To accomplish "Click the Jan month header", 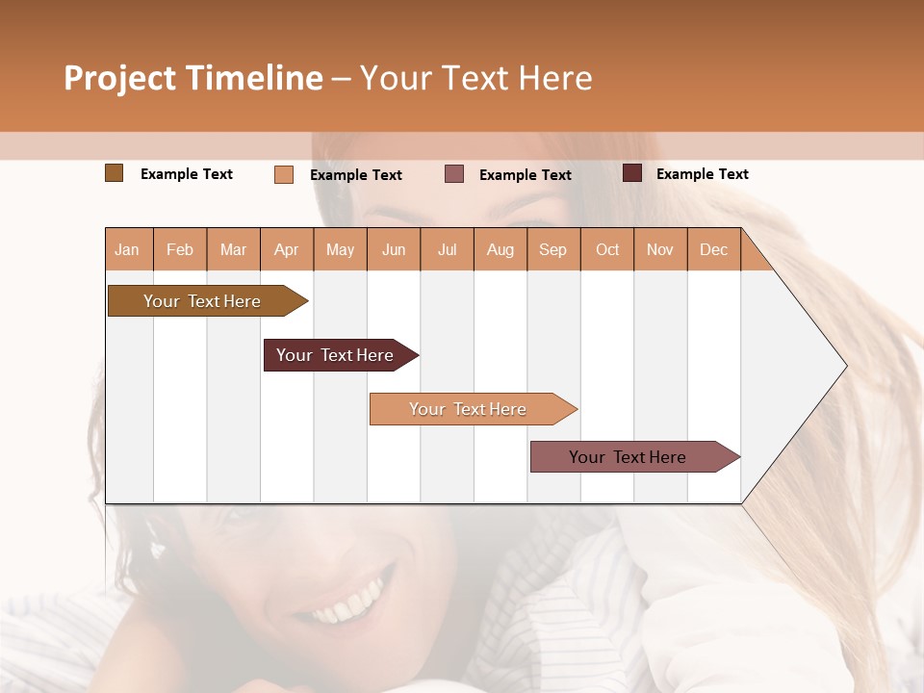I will (127, 250).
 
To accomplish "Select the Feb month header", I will (180, 250).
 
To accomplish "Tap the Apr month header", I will (286, 250).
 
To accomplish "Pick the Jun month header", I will (394, 250).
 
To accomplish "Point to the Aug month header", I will (500, 250).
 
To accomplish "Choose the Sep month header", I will (552, 250).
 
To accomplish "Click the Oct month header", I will (607, 250).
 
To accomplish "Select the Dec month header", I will (713, 250).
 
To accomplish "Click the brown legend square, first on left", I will (114, 173).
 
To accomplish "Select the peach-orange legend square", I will (284, 174).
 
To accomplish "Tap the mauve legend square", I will (454, 174).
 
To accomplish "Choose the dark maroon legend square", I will (632, 173).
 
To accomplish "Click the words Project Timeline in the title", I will (192, 78).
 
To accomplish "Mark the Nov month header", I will (660, 250).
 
